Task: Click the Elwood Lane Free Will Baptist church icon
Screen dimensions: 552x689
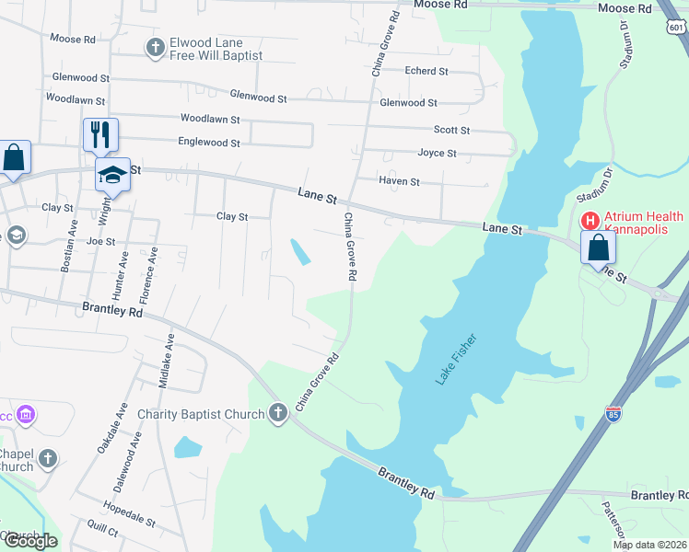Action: tap(156, 46)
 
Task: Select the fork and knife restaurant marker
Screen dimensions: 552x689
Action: tap(100, 134)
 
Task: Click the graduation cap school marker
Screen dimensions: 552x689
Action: tap(113, 174)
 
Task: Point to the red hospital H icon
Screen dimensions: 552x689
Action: tap(590, 221)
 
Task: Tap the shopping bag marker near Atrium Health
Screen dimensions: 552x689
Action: tap(598, 247)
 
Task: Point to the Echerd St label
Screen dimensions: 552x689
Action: tap(426, 71)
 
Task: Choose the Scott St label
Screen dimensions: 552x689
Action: tap(451, 131)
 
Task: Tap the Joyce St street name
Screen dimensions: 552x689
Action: tap(437, 153)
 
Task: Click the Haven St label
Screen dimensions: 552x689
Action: tap(400, 182)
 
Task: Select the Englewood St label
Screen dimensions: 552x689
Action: tap(209, 143)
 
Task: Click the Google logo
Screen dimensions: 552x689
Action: tap(29, 541)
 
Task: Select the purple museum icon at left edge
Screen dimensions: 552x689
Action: tap(26, 415)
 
